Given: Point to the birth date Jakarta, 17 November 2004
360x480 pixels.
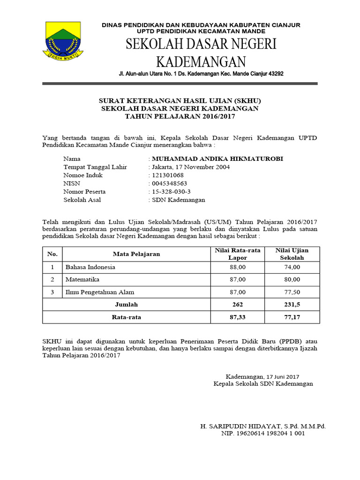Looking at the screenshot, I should tap(190, 167).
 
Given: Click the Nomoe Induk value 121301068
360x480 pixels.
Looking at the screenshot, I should tap(167, 175).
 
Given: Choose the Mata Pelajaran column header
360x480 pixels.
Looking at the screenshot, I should tap(136, 254).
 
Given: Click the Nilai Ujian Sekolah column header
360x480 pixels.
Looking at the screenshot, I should tap(292, 254).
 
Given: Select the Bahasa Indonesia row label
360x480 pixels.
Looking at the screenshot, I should tap(90, 267).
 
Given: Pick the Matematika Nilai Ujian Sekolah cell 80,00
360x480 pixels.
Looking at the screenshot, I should tap(292, 280).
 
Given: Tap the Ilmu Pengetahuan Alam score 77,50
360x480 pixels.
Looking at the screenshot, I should tap(292, 292).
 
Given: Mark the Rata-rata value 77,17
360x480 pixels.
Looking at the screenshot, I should tap(292, 317).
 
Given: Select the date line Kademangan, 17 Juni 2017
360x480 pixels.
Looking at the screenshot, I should tap(262, 376).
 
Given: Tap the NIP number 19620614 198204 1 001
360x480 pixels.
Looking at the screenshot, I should tap(263, 434).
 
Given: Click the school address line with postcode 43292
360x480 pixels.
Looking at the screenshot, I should tap(201, 74).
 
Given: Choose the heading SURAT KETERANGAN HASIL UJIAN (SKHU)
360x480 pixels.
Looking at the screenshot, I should tap(180, 101).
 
